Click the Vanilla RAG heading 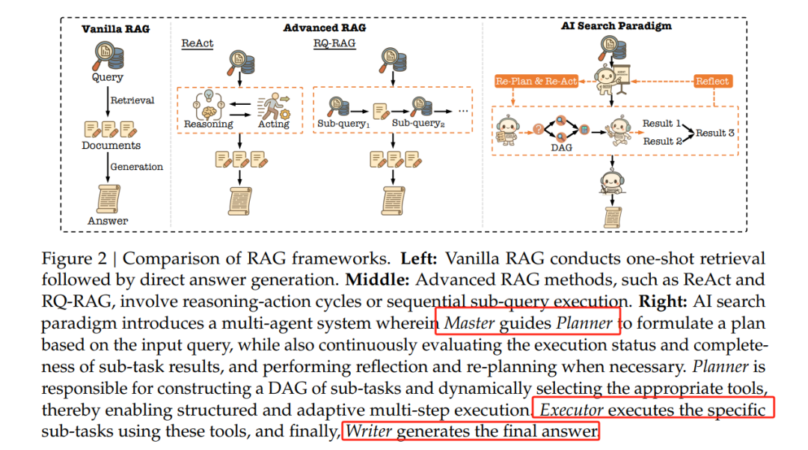[115, 29]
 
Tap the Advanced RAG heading [325, 28]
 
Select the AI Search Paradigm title [616, 25]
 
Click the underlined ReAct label [198, 43]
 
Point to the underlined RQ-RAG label [334, 43]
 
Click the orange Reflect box [712, 81]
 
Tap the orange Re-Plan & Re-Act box [536, 81]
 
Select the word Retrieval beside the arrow [132, 100]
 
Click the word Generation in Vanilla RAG [137, 166]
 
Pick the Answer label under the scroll [108, 221]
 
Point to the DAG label [562, 148]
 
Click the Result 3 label [715, 133]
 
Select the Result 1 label [661, 124]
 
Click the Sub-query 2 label [418, 124]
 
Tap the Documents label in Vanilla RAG [111, 145]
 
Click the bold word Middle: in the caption [377, 280]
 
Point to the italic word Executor [572, 410]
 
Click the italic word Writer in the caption [368, 431]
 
